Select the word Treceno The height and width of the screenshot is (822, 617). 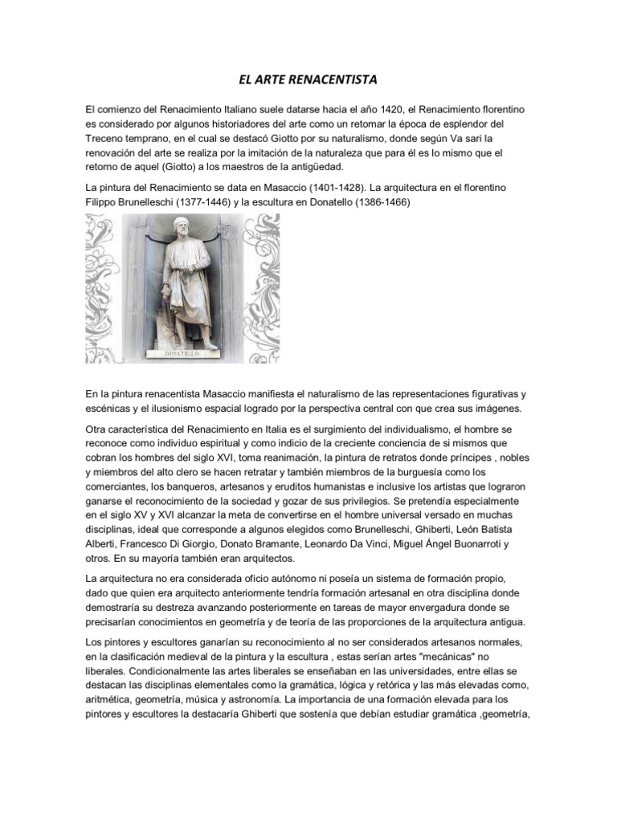click(108, 138)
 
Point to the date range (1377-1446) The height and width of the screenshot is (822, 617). click(223, 201)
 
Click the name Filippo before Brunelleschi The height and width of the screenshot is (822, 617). click(103, 201)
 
